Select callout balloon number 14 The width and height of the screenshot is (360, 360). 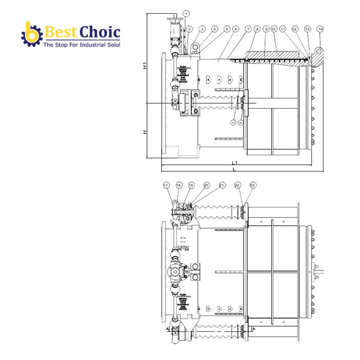[320, 29]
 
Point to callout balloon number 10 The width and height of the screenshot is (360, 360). [274, 29]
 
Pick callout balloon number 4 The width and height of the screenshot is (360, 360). [214, 29]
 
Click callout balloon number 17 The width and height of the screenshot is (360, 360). [166, 185]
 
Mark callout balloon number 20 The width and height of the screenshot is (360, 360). [206, 185]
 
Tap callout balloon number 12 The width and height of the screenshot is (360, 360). [295, 29]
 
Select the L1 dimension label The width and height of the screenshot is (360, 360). [236, 163]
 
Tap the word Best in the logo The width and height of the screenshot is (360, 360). [59, 31]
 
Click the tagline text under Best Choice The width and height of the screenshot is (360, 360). [81, 45]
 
